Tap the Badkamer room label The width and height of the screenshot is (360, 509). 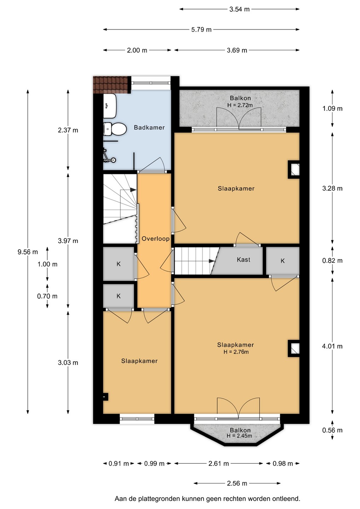click(x=149, y=128)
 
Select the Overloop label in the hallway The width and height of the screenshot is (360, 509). click(x=156, y=239)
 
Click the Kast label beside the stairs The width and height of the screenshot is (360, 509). click(x=243, y=259)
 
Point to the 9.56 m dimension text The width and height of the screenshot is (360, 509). click(x=28, y=252)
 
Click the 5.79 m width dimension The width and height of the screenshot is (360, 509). click(x=201, y=30)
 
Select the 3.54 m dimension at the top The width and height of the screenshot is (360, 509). click(x=239, y=9)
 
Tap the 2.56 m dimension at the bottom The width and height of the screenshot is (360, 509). click(x=237, y=483)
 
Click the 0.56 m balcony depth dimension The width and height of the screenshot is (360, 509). click(x=332, y=430)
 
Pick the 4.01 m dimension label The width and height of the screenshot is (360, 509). click(x=332, y=346)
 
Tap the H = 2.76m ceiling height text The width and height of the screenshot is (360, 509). click(x=236, y=352)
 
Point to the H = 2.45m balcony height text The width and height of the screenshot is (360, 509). click(x=239, y=436)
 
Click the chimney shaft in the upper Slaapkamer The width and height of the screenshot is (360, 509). click(x=294, y=170)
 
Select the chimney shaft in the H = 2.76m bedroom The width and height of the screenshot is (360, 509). click(x=294, y=349)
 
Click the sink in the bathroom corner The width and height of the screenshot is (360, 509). click(x=110, y=106)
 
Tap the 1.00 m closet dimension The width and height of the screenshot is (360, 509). click(x=47, y=264)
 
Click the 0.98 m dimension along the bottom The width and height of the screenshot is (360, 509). click(x=283, y=463)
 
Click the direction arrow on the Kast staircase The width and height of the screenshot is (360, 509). click(x=212, y=261)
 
